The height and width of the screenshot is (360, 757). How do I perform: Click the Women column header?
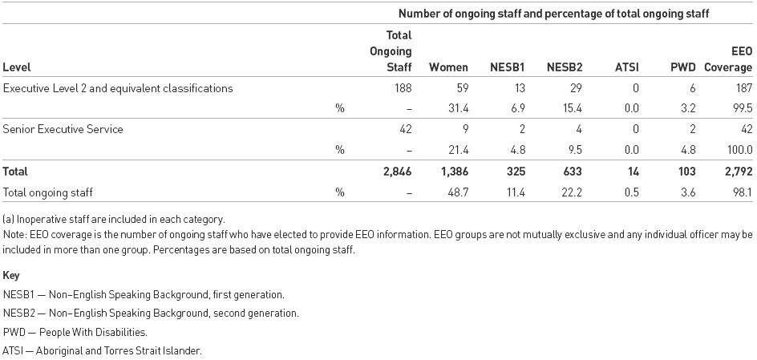tap(448, 68)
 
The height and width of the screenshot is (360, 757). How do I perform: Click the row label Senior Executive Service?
tap(63, 129)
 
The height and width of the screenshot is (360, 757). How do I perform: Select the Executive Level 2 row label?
tap(118, 88)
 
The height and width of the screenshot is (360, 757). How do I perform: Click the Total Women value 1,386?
tap(453, 172)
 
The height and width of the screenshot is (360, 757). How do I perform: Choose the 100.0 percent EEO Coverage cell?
tap(739, 149)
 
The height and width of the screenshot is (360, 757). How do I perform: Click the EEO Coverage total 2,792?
tap(737, 172)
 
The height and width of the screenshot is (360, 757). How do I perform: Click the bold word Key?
tap(11, 275)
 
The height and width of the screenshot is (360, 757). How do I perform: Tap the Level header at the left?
tap(17, 68)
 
